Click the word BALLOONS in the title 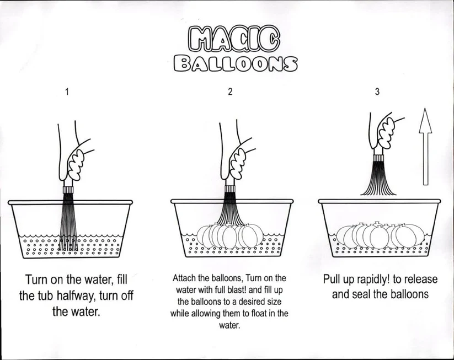(x=236, y=63)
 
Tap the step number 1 (x=67, y=92)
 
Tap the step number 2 (x=230, y=92)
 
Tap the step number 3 (x=377, y=92)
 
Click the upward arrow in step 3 (x=425, y=146)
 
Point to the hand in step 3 (x=386, y=131)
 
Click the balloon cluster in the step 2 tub (x=229, y=236)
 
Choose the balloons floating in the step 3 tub (x=378, y=236)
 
